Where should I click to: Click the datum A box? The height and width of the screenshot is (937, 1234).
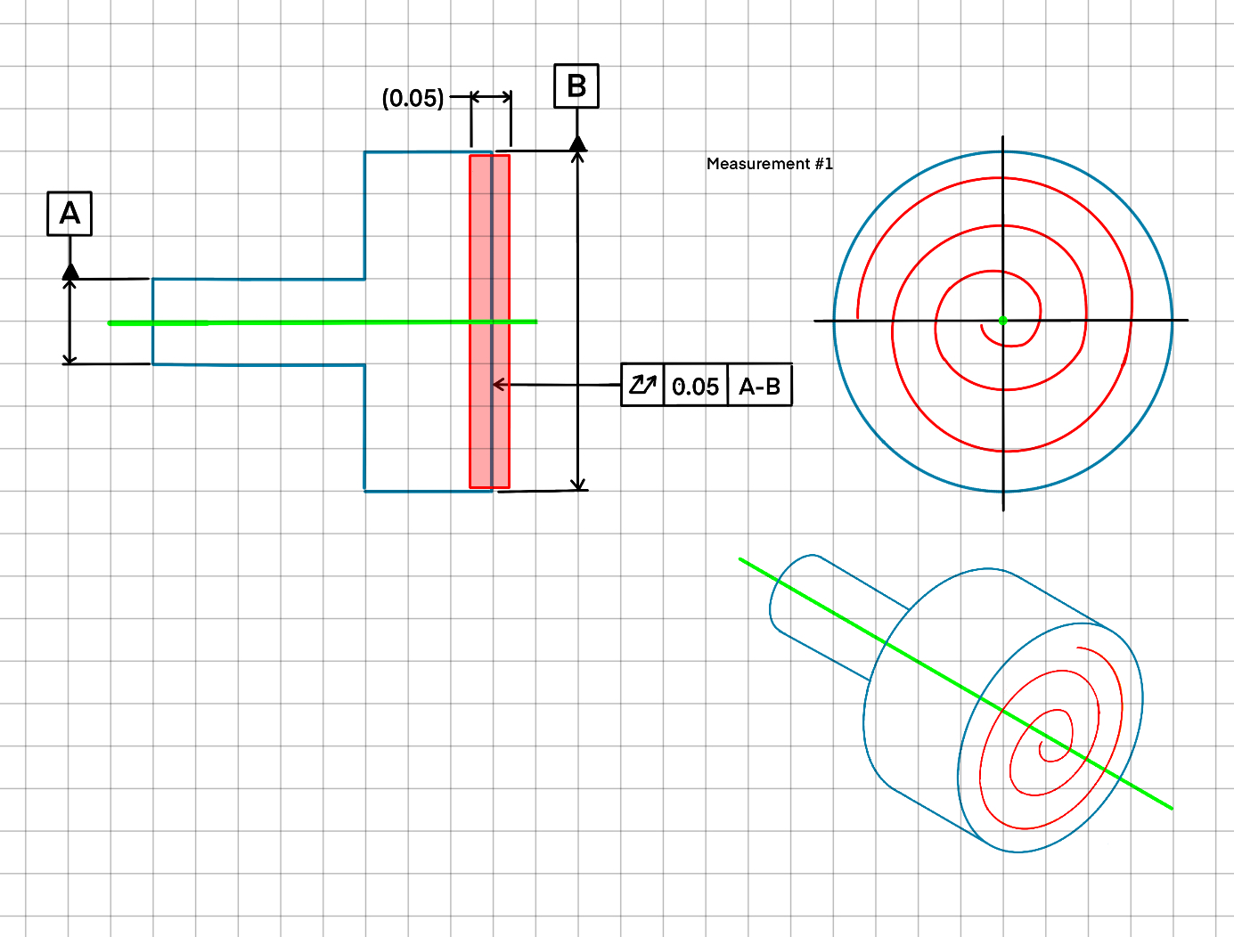(x=69, y=214)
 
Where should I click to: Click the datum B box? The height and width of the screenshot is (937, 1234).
(x=576, y=86)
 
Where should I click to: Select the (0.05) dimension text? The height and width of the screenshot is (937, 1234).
(x=413, y=98)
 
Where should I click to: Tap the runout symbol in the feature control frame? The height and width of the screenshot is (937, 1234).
(x=642, y=385)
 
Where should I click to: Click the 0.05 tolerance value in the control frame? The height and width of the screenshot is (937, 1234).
(x=695, y=387)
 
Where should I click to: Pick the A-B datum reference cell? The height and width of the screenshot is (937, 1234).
(x=759, y=387)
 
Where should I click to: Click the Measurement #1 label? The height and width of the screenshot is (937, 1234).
(x=769, y=164)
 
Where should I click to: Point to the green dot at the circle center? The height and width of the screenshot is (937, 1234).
(x=1003, y=321)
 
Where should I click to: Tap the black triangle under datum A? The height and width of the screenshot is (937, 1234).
(x=70, y=271)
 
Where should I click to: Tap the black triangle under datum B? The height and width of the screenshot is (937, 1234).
(x=577, y=143)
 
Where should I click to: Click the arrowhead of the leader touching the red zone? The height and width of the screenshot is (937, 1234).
(x=498, y=385)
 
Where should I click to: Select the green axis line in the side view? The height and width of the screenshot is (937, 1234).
(x=267, y=322)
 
